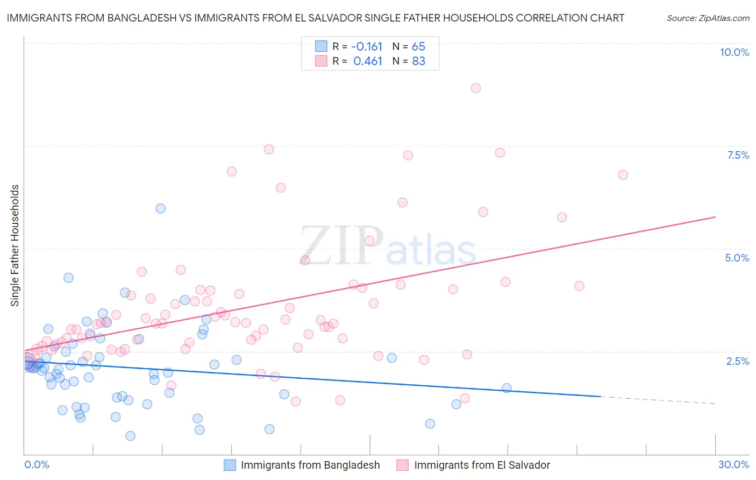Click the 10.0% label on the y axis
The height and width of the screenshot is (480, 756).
point(734,52)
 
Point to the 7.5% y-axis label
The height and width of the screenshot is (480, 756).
point(738,155)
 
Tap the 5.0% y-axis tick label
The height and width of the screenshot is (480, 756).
point(737,258)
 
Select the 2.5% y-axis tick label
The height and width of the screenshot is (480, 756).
point(737,361)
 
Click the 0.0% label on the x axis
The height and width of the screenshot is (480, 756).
point(37,464)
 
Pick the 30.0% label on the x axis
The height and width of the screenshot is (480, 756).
point(733,464)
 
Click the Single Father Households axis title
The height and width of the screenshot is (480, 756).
point(15,245)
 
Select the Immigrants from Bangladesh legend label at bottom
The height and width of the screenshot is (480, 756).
point(310,465)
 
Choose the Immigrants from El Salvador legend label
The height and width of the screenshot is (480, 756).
point(482,465)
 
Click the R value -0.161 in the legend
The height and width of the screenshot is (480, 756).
point(367,47)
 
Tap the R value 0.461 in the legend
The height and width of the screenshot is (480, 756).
point(368,61)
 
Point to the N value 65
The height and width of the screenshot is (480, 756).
point(418,47)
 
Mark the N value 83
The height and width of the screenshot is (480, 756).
point(418,61)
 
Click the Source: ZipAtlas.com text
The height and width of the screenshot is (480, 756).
point(708,18)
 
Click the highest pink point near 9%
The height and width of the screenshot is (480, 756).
point(475,88)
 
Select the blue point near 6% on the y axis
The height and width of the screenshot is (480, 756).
point(160,209)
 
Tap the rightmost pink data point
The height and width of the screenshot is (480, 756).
point(623,175)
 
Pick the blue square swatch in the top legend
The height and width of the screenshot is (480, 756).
point(321,46)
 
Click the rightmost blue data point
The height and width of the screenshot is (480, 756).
point(507,388)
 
